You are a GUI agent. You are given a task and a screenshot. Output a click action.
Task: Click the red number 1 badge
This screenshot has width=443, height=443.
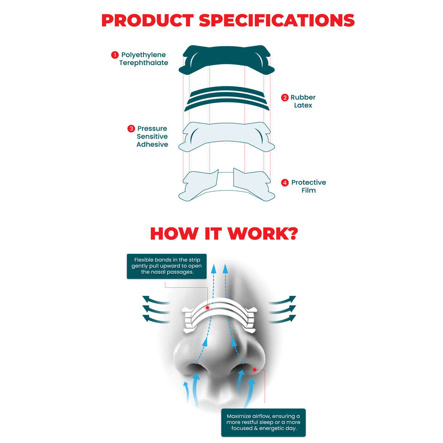click(114, 55)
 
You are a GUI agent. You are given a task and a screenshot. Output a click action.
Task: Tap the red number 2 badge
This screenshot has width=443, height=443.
click(285, 97)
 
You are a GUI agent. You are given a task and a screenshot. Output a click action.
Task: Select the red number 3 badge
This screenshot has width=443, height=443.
click(131, 129)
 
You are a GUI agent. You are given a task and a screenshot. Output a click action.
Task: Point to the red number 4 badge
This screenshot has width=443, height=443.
click(285, 183)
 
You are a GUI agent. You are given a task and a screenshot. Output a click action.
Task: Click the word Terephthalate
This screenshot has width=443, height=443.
click(144, 63)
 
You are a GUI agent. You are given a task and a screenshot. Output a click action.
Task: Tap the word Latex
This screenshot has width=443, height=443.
click(303, 106)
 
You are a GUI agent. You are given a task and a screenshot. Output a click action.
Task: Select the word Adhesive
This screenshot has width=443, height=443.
click(152, 145)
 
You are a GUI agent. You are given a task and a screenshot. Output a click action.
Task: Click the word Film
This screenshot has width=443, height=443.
click(308, 191)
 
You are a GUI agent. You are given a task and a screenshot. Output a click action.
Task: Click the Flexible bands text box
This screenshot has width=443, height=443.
click(167, 266)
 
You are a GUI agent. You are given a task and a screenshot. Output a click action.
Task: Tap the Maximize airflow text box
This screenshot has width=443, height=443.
click(263, 422)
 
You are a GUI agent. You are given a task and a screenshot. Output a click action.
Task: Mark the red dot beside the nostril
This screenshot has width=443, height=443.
click(254, 370)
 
